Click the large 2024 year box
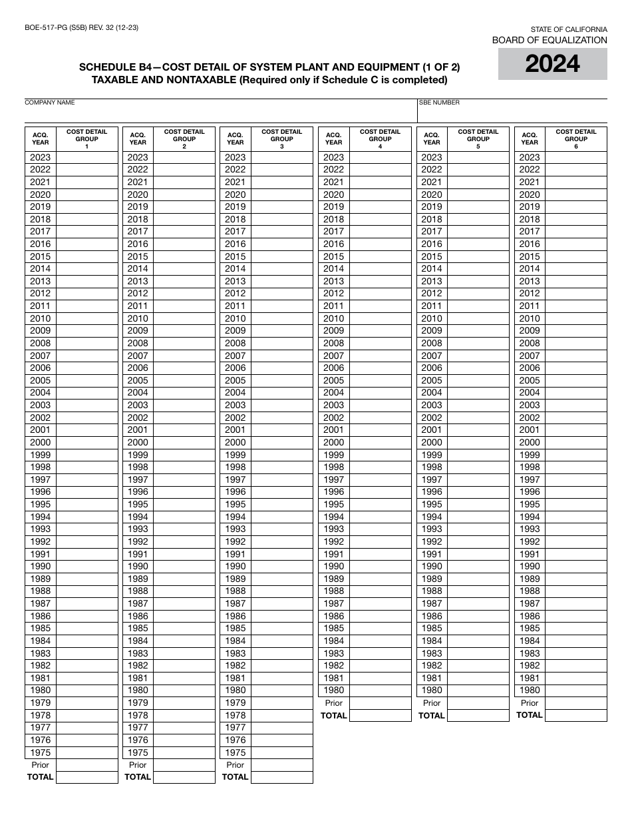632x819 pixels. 552,64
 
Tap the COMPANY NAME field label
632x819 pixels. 50,103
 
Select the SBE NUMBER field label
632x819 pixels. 439,103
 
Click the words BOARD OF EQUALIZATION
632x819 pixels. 550,41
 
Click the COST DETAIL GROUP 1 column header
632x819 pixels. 86,138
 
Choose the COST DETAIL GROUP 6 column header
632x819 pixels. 575,138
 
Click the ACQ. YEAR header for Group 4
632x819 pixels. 334,138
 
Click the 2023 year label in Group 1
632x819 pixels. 40,157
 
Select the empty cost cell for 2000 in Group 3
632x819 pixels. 281,442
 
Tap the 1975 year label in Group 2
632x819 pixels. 138,752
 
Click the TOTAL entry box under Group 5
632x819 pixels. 478,715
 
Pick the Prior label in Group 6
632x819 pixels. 530,703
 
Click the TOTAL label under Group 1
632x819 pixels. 40,777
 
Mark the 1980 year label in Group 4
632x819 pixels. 334,690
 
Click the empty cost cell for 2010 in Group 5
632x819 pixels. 478,318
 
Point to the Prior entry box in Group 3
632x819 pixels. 281,765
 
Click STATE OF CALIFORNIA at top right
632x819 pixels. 568,29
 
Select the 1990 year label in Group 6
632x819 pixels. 530,566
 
